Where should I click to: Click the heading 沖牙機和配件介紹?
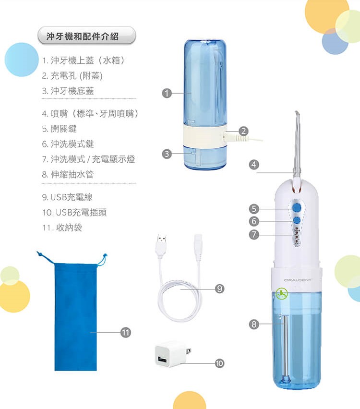83,36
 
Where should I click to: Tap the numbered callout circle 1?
167,93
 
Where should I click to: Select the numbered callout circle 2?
243,131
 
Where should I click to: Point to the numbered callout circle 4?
254,165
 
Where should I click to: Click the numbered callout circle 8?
254,324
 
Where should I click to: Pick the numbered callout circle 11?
125,332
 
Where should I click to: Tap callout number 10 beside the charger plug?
219,363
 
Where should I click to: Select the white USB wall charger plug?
172,354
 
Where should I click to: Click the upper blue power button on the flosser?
297,208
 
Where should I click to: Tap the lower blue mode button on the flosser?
297,220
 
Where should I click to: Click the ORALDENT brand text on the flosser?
298,280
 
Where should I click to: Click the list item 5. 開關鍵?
59,129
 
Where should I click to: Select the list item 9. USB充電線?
67,197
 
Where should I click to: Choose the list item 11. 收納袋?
62,228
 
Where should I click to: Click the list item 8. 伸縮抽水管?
68,174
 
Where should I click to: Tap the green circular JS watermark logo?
282,294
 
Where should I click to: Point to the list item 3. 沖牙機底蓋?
68,91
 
